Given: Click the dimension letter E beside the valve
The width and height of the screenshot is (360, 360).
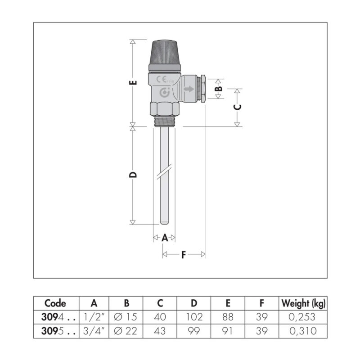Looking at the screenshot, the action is click(134, 82).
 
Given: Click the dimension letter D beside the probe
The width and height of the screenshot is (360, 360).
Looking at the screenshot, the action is click(133, 175).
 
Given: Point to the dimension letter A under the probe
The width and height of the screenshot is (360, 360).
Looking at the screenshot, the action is click(165, 238).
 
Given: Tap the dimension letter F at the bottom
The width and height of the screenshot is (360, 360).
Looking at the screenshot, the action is click(184, 255).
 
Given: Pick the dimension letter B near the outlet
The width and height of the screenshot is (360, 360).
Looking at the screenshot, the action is click(220, 88).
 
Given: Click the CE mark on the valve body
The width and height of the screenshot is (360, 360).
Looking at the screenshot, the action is click(162, 80).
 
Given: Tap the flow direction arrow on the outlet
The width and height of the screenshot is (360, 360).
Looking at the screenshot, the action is click(189, 89).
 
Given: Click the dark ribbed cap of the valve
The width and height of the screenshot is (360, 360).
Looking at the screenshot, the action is click(164, 53).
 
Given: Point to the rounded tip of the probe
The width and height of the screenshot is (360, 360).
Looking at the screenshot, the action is click(164, 222).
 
